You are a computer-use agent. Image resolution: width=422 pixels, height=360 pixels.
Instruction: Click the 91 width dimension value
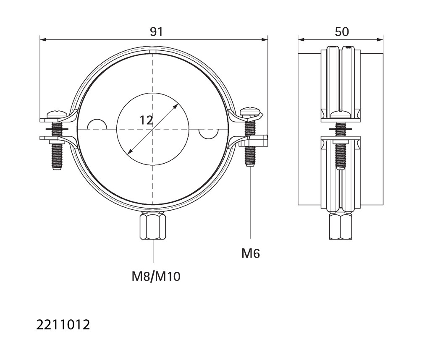(x=156, y=32)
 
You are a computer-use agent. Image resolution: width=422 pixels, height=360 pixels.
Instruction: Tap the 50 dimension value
(x=342, y=32)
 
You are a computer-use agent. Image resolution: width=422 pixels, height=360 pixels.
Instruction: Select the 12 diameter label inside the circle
(x=146, y=120)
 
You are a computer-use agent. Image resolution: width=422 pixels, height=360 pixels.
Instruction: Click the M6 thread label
(x=251, y=253)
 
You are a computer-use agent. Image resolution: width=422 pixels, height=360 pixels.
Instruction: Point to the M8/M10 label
(x=156, y=277)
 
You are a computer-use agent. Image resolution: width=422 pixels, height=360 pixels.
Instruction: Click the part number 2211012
(x=63, y=325)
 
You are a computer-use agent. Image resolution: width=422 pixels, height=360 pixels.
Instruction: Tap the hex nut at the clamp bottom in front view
(x=152, y=225)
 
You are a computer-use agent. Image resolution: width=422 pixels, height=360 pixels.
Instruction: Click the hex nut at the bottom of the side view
(x=341, y=225)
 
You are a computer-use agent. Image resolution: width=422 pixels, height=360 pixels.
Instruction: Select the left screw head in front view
(x=57, y=114)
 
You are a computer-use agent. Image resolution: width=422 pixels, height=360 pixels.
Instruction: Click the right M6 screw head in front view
(x=251, y=111)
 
